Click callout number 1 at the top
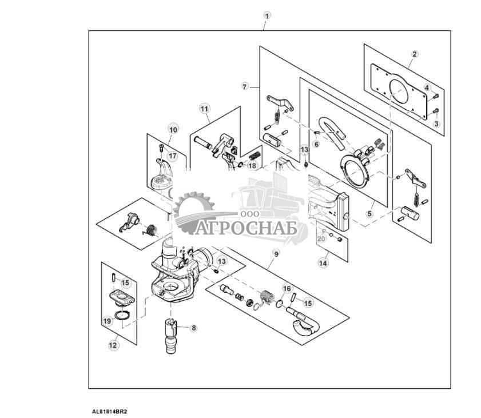[267, 15]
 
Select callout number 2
[415, 54]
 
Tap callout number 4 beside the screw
[427, 87]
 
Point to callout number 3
[436, 124]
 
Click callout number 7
[244, 87]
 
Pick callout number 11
[204, 109]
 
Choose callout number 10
[173, 130]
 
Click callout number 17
[173, 156]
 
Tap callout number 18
[252, 166]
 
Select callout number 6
[316, 144]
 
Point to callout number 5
[370, 213]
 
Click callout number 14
[323, 263]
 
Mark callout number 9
[276, 254]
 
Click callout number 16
[287, 289]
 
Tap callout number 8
[193, 328]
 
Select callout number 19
[107, 321]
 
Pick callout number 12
[113, 345]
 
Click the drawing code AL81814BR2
[109, 412]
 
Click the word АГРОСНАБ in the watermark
[246, 228]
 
